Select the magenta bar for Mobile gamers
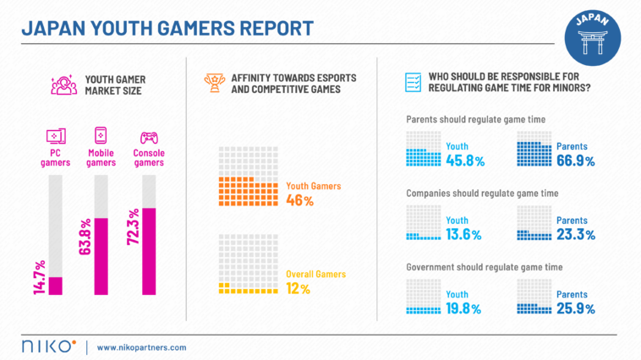pos(101,257)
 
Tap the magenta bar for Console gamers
pos(150,251)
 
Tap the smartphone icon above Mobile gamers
pos(101,135)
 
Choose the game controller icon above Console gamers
pos(149,135)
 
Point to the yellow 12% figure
pos(299,289)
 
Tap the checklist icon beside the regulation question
pos(414,82)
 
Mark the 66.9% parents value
pos(575,161)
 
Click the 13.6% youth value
pos(464,234)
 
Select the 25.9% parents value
pos(575,308)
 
